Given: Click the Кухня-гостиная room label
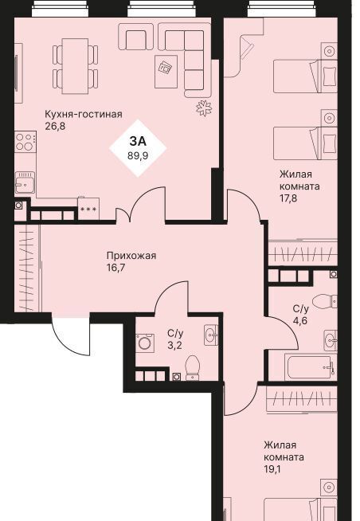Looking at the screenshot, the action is pos(84,114).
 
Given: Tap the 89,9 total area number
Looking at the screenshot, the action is pos(138,155).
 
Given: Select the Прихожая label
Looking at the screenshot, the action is pos(131,257).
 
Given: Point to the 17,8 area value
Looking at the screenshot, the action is pos(288,198).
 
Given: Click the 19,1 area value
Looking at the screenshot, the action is pos(272,469).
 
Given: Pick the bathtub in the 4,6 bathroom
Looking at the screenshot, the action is pos(310,367).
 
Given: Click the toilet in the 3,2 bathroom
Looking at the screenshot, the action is pos(192,367).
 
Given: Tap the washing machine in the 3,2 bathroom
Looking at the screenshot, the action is pos(145,343).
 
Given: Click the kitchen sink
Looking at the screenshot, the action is pos(25,182).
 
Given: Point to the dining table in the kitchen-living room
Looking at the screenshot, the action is pos(76,66).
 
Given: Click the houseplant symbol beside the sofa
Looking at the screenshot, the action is pos(204,108).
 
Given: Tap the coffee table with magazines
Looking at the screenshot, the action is pos(166,72).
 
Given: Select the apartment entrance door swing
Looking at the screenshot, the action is pos(71,335).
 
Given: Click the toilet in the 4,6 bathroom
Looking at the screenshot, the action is pos(324,301).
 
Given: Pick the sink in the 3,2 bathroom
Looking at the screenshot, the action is pos(211,335).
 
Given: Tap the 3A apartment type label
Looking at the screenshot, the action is pos(138,142).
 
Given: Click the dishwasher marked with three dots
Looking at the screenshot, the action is pos(88,209).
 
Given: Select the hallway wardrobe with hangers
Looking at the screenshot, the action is pos(26,268).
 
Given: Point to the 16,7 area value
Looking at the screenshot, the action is pos(115,268).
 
